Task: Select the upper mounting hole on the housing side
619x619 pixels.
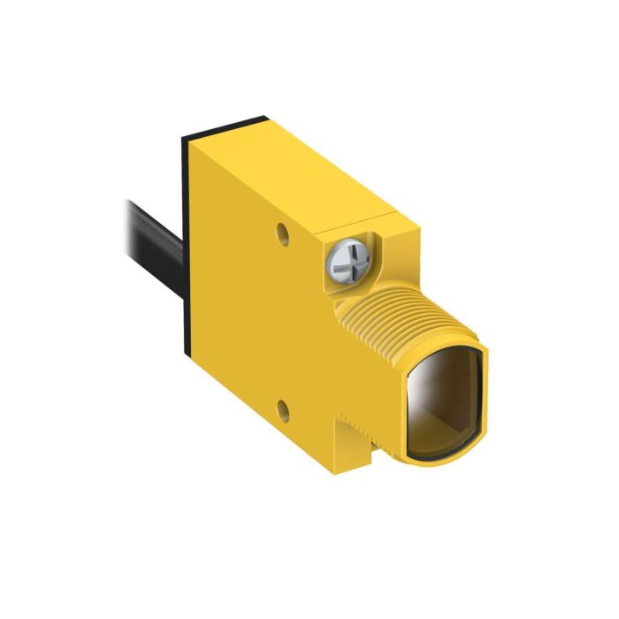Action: coord(282,234)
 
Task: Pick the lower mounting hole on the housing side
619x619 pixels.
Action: coord(280,408)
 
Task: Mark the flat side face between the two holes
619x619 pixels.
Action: coord(265,318)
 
